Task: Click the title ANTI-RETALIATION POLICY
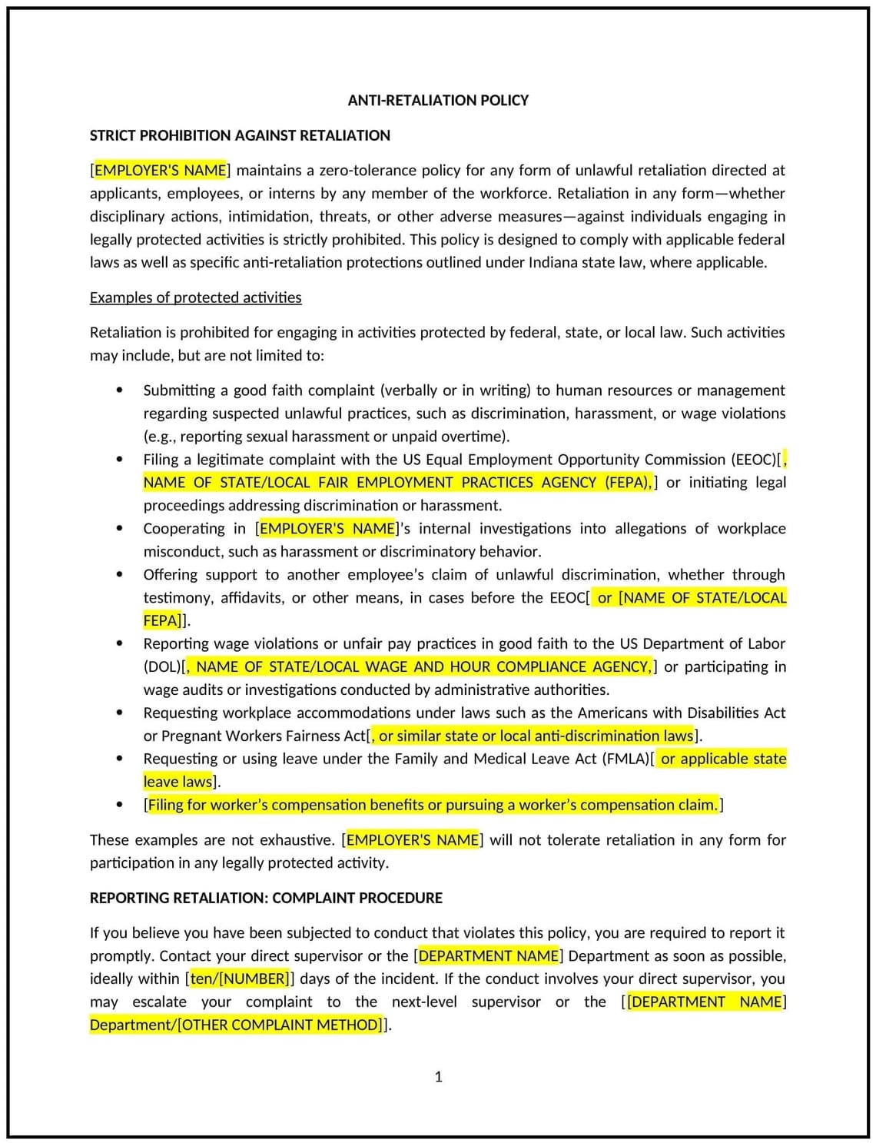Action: tap(438, 101)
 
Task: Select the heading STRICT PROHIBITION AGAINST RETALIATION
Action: tap(240, 136)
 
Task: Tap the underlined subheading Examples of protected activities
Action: tap(195, 297)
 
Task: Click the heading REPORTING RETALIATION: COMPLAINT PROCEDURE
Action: tap(266, 898)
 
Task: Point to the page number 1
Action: tap(439, 1077)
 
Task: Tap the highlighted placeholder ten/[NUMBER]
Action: tap(240, 979)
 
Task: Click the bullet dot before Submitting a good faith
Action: tap(119, 390)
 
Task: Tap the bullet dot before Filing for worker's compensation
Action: tap(119, 805)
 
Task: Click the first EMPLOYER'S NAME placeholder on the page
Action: tap(160, 171)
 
